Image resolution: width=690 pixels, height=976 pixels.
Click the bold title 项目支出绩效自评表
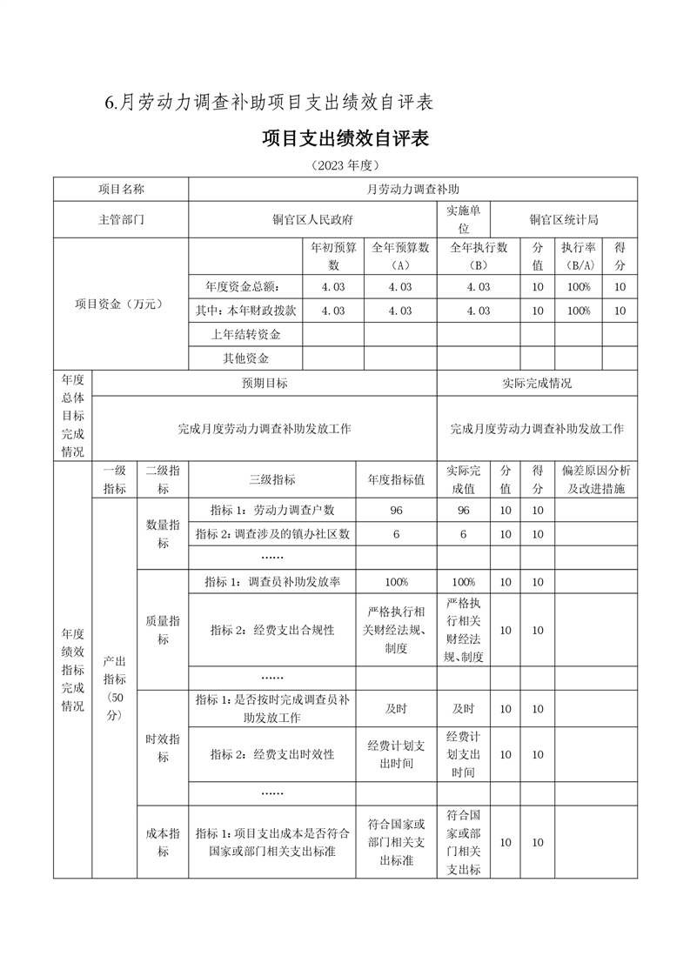point(345,138)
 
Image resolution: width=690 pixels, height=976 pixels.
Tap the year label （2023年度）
point(345,165)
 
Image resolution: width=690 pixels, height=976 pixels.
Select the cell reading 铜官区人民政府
point(312,220)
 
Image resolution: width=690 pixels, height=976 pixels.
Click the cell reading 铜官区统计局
point(564,220)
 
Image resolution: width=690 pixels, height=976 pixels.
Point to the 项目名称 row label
point(121,189)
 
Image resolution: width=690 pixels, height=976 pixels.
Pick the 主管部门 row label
point(121,220)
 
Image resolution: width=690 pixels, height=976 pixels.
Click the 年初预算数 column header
point(333,256)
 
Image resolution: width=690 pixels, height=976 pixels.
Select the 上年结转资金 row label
point(245,334)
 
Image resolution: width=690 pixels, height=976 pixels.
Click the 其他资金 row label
point(245,358)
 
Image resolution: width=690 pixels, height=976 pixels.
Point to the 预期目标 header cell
point(265,383)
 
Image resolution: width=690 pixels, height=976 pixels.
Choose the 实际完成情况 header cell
point(537,383)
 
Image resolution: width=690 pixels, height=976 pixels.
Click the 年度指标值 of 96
point(396,511)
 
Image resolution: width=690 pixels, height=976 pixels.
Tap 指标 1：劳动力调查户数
point(271,511)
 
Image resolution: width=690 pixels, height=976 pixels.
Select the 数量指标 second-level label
point(163,533)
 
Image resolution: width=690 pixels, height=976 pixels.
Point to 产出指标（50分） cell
point(115,687)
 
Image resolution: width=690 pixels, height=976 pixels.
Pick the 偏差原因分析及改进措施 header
point(596,479)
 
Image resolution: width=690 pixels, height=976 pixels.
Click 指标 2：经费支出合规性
point(271,631)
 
